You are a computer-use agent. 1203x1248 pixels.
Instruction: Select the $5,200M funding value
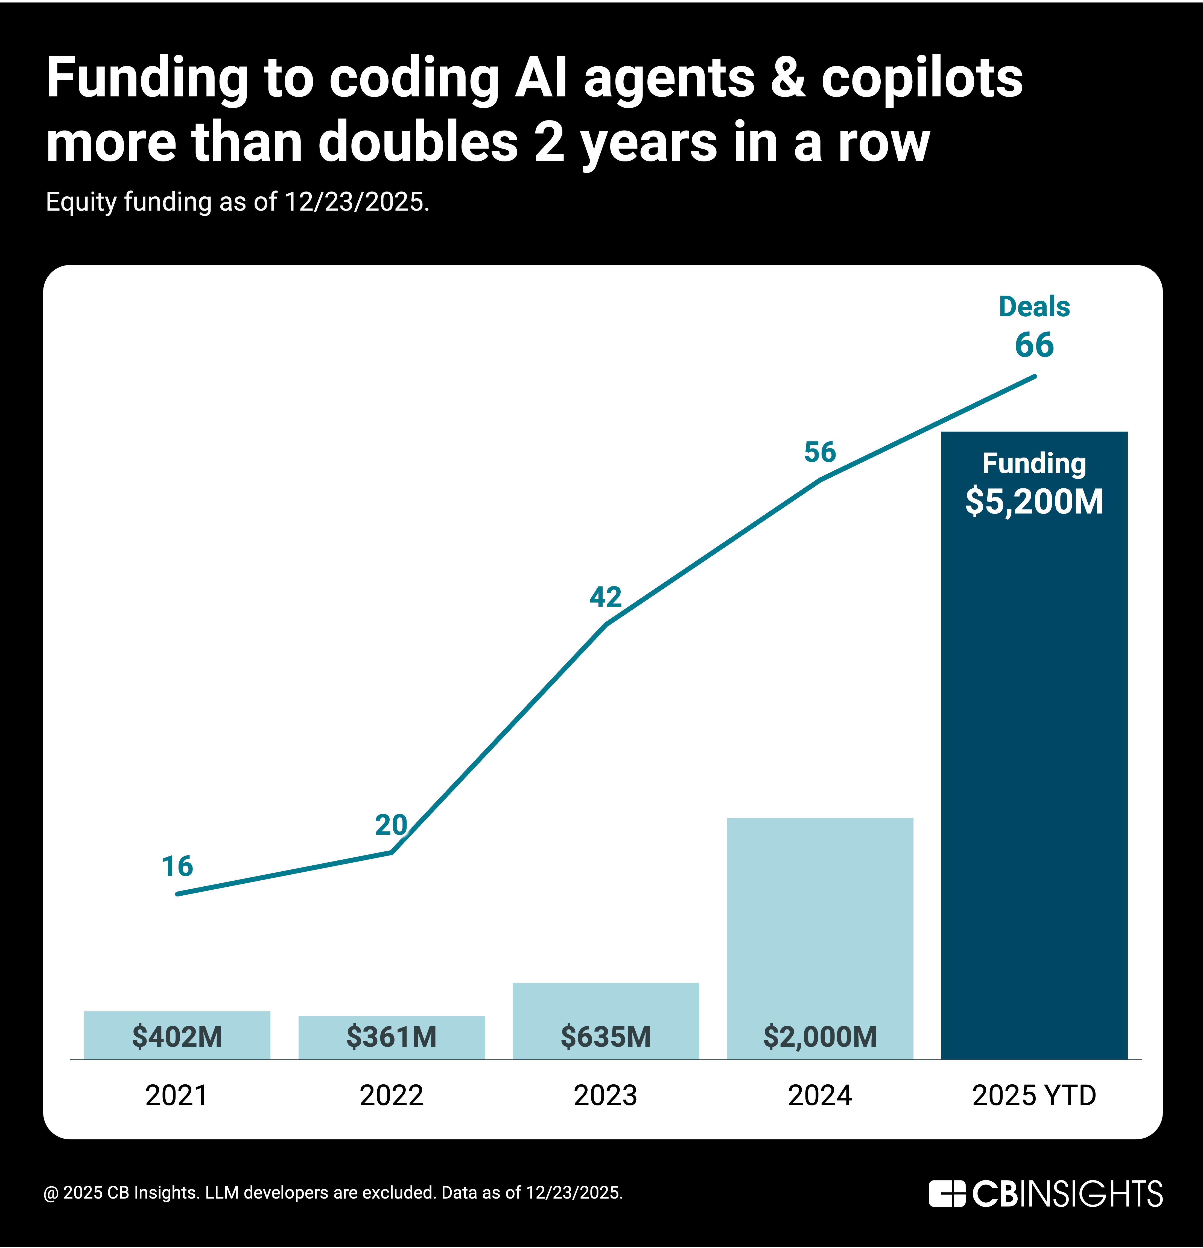pos(1034,502)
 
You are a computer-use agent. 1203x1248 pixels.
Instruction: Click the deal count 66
pos(1034,345)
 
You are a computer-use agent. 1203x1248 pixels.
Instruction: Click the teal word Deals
pos(1034,307)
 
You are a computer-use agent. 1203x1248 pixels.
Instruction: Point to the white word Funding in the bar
pos(1034,464)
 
